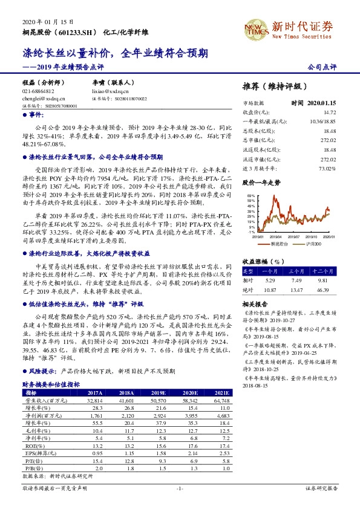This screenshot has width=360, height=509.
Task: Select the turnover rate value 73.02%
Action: point(327,168)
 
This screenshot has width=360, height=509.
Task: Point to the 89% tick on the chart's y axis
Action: point(249,197)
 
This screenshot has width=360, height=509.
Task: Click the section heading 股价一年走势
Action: point(261,182)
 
